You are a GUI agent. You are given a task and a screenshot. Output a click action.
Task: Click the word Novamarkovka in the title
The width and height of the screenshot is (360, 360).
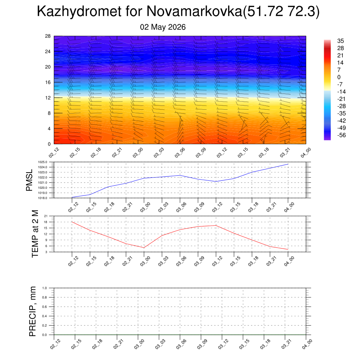(194, 11)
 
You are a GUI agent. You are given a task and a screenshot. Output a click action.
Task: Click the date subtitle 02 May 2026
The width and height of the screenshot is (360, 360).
(163, 27)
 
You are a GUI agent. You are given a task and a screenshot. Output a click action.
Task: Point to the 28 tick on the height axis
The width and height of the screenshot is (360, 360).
(48, 36)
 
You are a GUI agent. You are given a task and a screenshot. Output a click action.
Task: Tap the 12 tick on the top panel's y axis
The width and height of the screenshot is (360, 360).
(48, 98)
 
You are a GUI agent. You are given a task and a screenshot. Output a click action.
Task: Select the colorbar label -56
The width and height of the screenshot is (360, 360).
(341, 135)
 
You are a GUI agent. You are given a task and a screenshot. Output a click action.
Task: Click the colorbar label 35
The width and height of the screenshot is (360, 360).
(340, 41)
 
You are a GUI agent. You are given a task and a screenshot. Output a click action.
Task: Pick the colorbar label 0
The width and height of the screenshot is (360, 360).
(339, 77)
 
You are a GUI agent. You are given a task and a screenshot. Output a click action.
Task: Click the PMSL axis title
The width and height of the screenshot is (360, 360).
(29, 180)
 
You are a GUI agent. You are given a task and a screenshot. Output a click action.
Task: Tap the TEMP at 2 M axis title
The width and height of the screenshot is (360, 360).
(35, 234)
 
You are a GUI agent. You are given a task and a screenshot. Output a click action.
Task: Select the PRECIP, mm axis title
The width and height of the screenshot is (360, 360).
(33, 311)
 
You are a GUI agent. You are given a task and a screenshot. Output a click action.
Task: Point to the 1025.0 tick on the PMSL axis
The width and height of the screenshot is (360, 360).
(43, 162)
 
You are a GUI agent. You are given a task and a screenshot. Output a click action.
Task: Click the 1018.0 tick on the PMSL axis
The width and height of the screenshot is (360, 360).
(43, 198)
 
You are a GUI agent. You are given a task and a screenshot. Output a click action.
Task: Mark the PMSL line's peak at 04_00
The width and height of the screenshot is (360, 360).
(288, 164)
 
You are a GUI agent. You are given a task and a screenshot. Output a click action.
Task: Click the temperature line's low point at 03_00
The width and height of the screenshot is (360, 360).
(144, 248)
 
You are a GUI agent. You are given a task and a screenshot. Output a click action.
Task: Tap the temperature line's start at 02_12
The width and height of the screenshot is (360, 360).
(72, 222)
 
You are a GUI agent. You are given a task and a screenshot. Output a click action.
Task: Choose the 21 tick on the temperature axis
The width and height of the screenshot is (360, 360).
(46, 216)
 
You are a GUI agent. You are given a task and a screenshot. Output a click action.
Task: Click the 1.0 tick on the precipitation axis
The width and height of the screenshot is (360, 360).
(45, 288)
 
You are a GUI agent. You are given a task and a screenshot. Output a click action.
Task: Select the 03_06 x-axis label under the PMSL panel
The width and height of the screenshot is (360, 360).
(181, 207)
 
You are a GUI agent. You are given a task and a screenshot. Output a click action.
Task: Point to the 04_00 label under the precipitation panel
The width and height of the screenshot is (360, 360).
(307, 345)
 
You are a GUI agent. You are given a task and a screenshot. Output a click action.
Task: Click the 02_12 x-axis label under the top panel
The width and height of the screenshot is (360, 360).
(54, 153)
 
